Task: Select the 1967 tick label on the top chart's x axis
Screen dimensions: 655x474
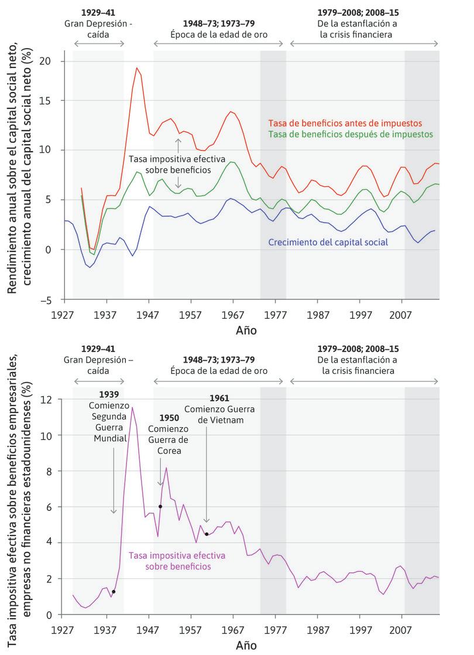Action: pyautogui.click(x=233, y=315)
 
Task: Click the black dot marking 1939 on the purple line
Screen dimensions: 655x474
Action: pyautogui.click(x=114, y=592)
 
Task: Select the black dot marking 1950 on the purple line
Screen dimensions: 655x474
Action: pyautogui.click(x=160, y=507)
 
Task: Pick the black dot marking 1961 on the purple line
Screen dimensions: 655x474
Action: pyautogui.click(x=207, y=534)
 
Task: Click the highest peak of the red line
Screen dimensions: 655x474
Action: pyautogui.click(x=137, y=68)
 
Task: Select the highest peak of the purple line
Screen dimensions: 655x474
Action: pyautogui.click(x=132, y=408)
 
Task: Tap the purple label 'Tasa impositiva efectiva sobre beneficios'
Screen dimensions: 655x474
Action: pyautogui.click(x=169, y=561)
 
